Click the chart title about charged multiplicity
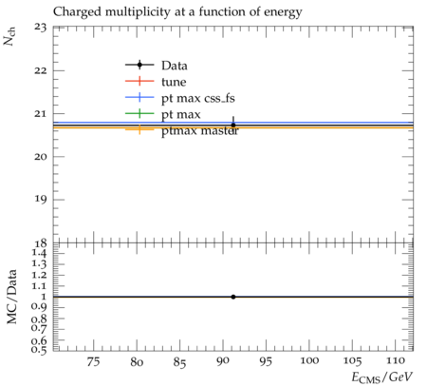pyautogui.click(x=177, y=12)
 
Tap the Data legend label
pyautogui.click(x=175, y=66)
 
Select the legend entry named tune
pyautogui.click(x=174, y=82)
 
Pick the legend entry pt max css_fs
pyautogui.click(x=198, y=99)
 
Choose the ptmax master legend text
pyautogui.click(x=200, y=131)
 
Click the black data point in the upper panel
pyautogui.click(x=233, y=126)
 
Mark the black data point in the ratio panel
pyautogui.click(x=233, y=297)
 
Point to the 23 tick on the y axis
pyautogui.click(x=40, y=28)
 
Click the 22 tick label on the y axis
pyautogui.click(x=40, y=70)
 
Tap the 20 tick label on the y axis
pyautogui.click(x=40, y=156)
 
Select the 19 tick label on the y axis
pyautogui.click(x=40, y=200)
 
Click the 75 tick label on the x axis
pyautogui.click(x=93, y=361)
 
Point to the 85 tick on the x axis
pyautogui.click(x=179, y=361)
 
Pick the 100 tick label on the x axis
pyautogui.click(x=309, y=360)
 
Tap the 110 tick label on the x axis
pyautogui.click(x=396, y=360)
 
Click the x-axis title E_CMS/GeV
pyautogui.click(x=382, y=377)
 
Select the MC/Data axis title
pyautogui.click(x=11, y=297)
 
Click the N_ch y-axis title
pyautogui.click(x=9, y=36)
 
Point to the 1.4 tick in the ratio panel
pyautogui.click(x=39, y=253)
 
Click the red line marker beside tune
pyautogui.click(x=139, y=81)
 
